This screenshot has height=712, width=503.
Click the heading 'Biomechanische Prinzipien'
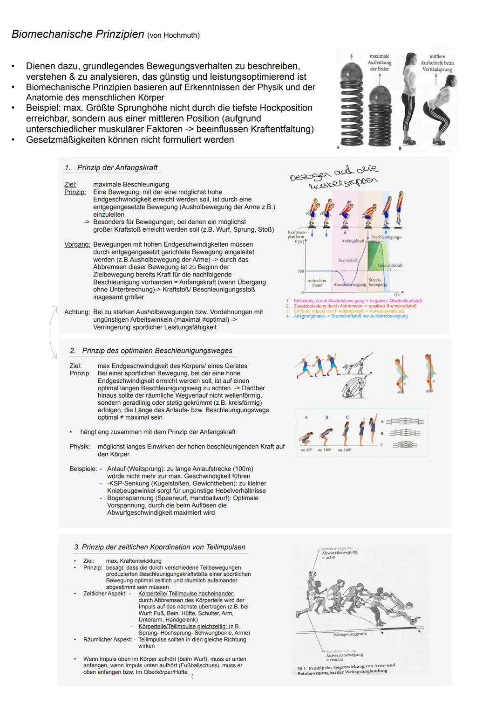[x=78, y=35]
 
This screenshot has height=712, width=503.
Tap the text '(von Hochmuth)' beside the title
[x=173, y=35]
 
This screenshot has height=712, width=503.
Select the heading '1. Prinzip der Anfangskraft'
[x=111, y=168]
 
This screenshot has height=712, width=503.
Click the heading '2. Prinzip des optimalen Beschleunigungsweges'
[x=151, y=351]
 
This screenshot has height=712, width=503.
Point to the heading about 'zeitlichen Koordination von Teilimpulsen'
[x=159, y=547]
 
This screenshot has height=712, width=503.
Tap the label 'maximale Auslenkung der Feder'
[x=380, y=62]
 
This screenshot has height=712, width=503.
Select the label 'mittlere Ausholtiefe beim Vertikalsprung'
[x=437, y=63]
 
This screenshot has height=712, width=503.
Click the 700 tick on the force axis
[x=300, y=271]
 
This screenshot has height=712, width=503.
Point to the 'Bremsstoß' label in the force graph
[x=347, y=260]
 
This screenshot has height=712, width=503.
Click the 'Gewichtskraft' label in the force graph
[x=390, y=265]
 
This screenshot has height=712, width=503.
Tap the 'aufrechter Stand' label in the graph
[x=317, y=283]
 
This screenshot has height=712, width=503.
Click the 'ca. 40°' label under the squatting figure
[x=306, y=450]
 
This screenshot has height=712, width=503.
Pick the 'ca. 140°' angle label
[x=345, y=450]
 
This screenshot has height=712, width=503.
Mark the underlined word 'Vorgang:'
[x=77, y=244]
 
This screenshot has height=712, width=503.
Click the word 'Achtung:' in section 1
[x=77, y=312]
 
